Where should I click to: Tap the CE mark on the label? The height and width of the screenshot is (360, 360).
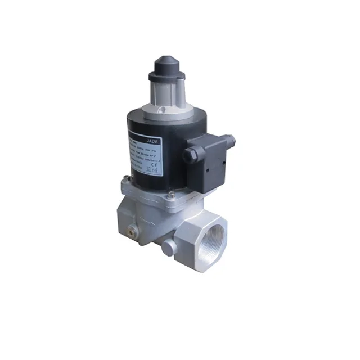171,168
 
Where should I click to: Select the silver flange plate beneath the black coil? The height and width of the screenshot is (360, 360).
152,191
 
